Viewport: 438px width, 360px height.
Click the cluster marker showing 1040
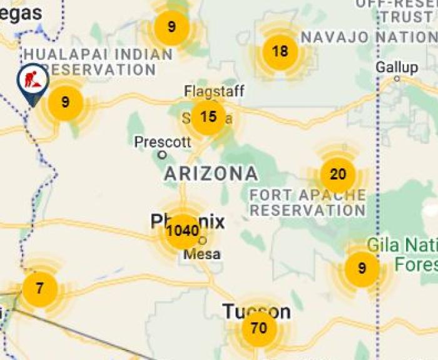pyautogui.click(x=183, y=230)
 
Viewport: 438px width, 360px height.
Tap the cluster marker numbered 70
pyautogui.click(x=259, y=327)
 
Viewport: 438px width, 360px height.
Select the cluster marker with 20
pyautogui.click(x=338, y=175)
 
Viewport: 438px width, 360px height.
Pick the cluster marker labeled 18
pyautogui.click(x=280, y=51)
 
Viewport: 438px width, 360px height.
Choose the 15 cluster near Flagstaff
pyautogui.click(x=208, y=116)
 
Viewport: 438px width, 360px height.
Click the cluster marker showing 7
pyautogui.click(x=40, y=289)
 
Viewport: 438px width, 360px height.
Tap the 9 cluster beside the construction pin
pyautogui.click(x=65, y=102)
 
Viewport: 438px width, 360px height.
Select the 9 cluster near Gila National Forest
pyautogui.click(x=362, y=269)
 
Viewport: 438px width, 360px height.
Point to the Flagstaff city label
pyautogui.click(x=214, y=91)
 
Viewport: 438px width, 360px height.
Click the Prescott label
pyautogui.click(x=163, y=142)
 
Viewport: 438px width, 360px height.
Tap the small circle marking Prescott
pyautogui.click(x=163, y=154)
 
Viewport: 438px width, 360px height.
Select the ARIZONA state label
pyautogui.click(x=211, y=173)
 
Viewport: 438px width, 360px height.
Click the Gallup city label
pyautogui.click(x=397, y=67)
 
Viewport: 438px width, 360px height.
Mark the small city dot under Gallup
pyautogui.click(x=397, y=79)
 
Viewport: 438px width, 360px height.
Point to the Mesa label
pyautogui.click(x=203, y=254)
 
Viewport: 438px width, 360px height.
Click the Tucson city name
pyautogui.click(x=257, y=311)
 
